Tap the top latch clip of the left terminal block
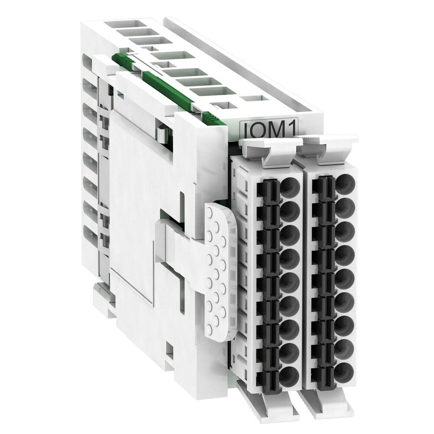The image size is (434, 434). click(x=267, y=152)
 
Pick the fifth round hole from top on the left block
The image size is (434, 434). click(x=289, y=280)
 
